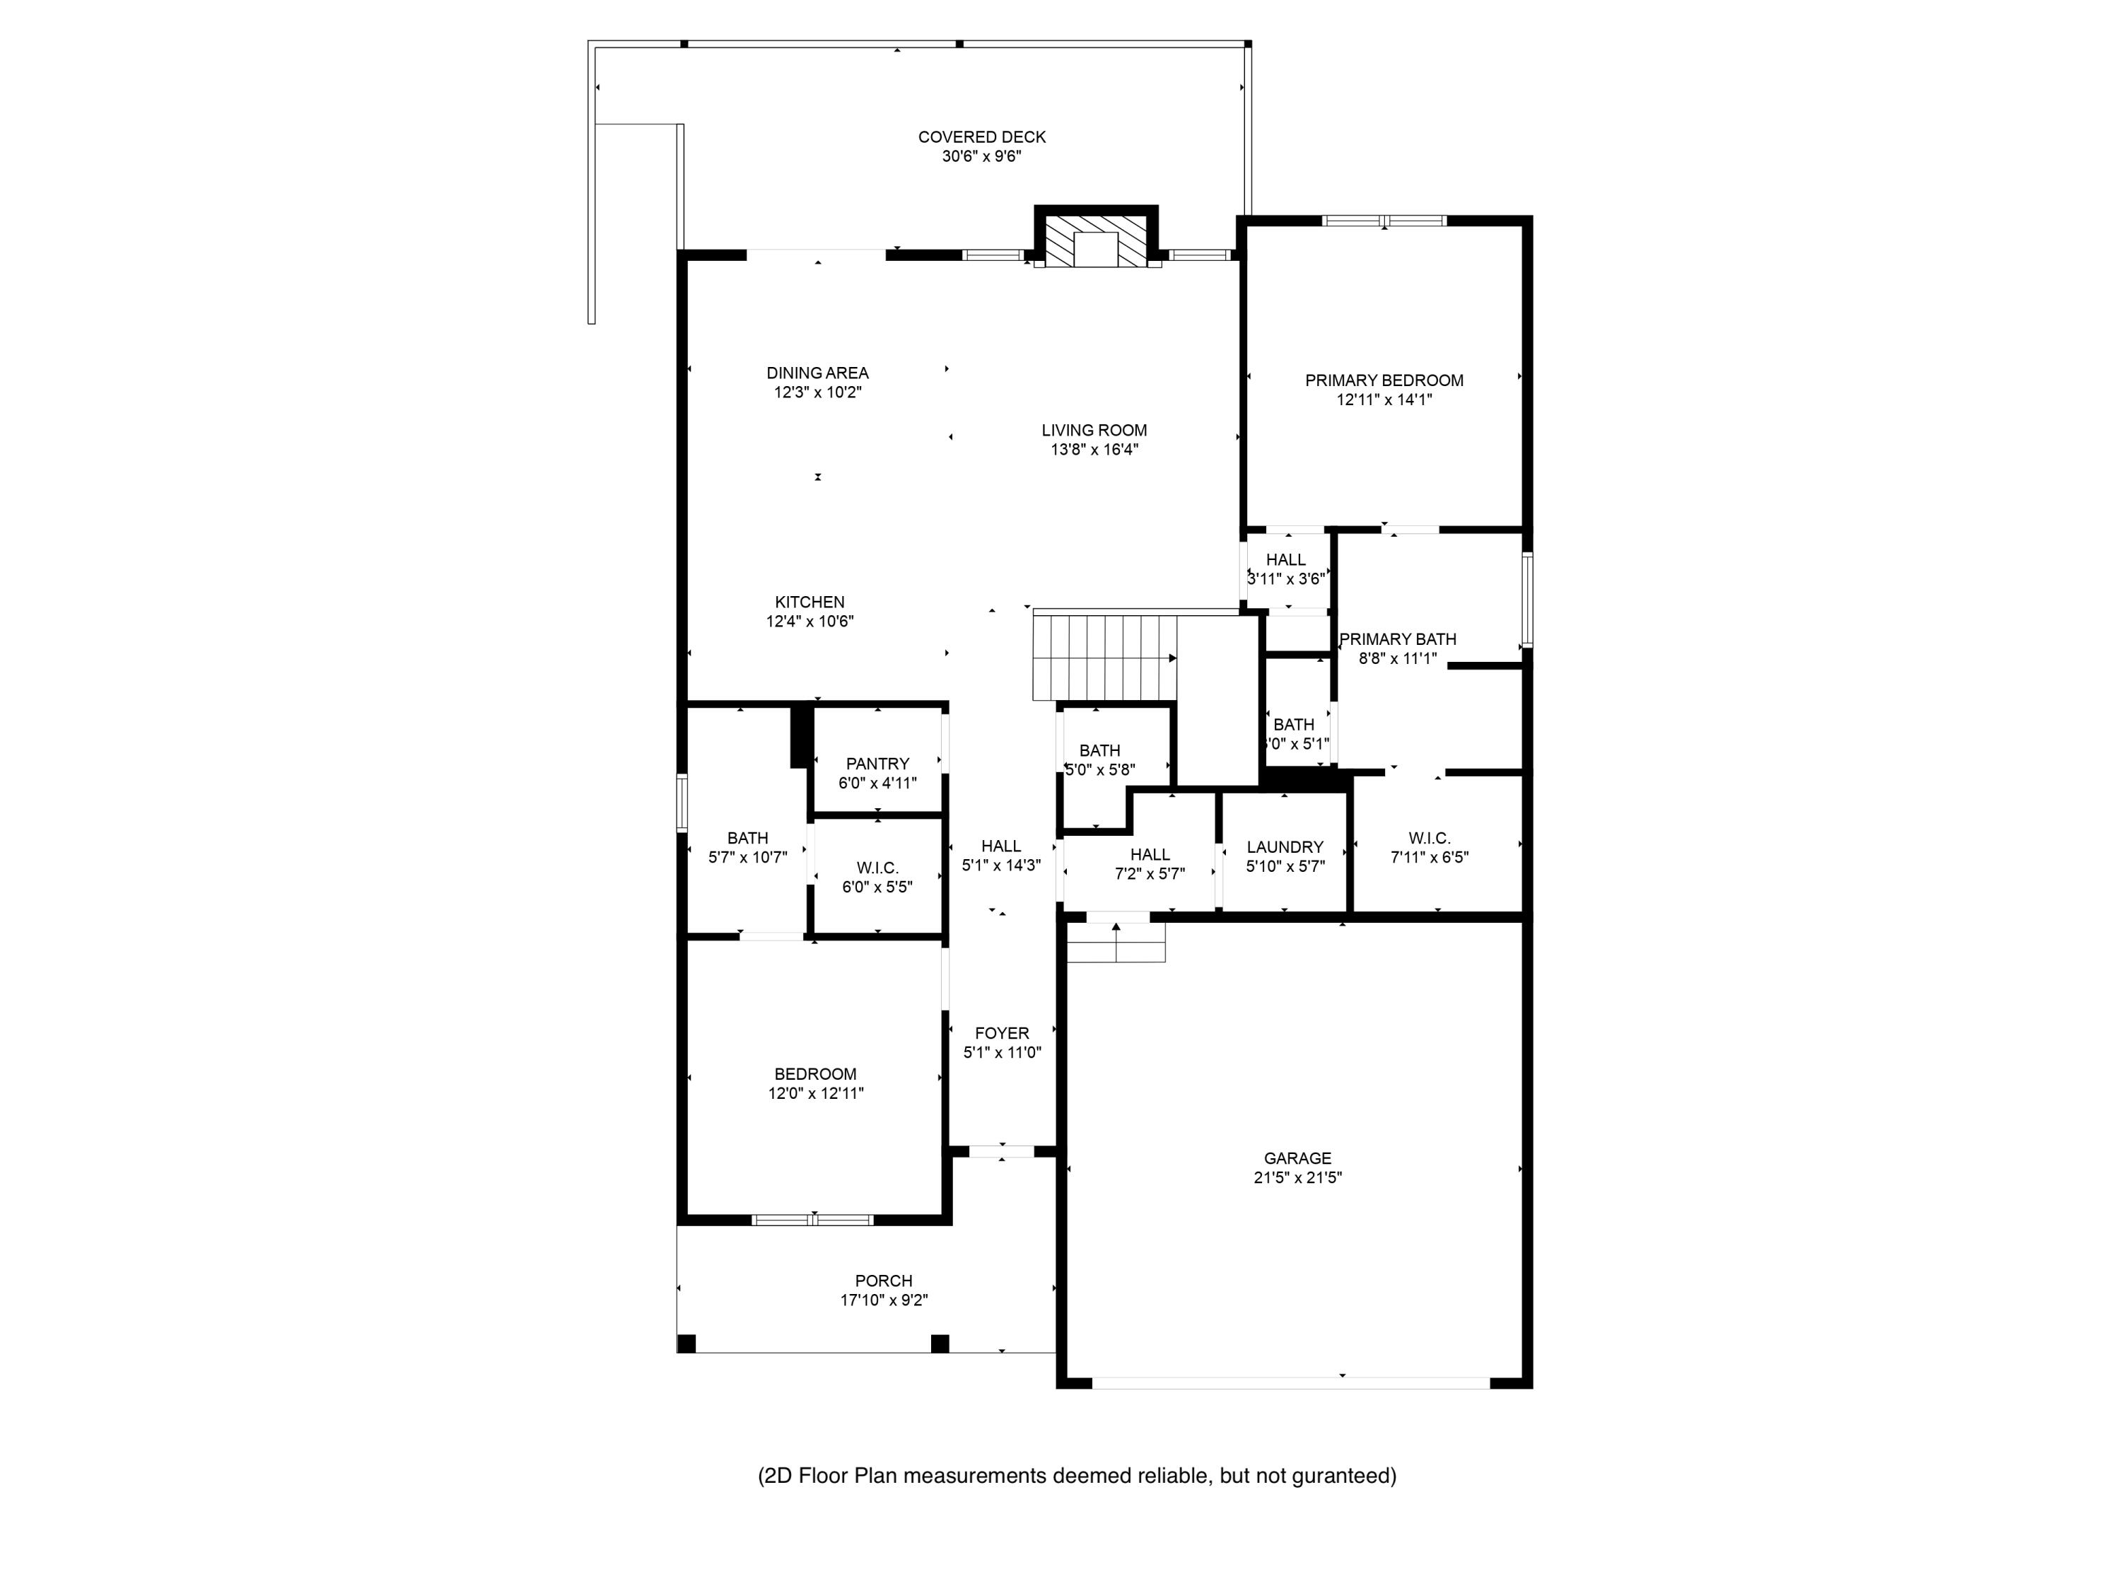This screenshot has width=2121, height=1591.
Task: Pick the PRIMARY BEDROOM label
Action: pyautogui.click(x=1384, y=380)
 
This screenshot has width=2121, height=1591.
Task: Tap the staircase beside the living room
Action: pyautogui.click(x=1104, y=658)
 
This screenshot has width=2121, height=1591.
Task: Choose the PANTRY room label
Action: pyautogui.click(x=877, y=764)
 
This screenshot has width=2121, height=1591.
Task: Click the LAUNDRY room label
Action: pyautogui.click(x=1284, y=848)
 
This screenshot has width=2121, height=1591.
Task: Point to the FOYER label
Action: pyautogui.click(x=1002, y=1034)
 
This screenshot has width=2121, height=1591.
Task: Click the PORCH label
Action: pyautogui.click(x=883, y=1281)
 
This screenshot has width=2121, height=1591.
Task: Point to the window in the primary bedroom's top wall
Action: pyautogui.click(x=1384, y=221)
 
